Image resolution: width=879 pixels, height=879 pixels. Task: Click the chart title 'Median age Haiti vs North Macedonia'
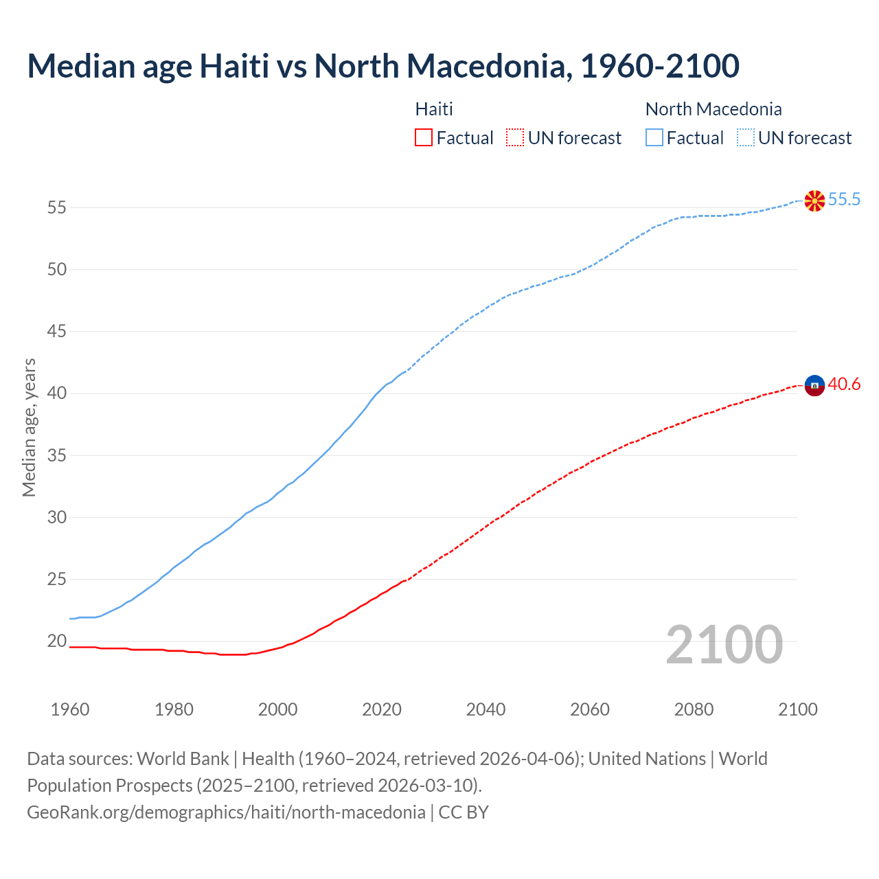[383, 66]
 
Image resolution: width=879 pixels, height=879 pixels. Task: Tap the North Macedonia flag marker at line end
[814, 201]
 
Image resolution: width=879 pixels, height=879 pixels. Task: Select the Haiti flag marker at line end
[814, 386]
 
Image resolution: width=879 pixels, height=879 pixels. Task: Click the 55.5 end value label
[844, 200]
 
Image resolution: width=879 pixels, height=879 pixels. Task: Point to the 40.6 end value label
[844, 385]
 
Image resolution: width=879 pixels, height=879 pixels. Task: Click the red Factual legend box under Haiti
[424, 138]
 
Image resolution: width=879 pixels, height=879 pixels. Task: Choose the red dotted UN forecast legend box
[515, 138]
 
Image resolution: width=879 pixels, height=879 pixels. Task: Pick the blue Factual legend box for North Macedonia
[654, 138]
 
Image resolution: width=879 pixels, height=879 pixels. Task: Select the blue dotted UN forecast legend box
[745, 138]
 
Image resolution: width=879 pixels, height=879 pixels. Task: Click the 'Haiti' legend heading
[434, 109]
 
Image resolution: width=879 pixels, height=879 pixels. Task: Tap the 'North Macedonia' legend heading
[714, 109]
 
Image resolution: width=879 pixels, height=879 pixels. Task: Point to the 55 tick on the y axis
[57, 207]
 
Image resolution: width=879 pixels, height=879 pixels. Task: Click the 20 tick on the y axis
[57, 641]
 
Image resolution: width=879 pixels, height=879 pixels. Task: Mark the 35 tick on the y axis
[57, 455]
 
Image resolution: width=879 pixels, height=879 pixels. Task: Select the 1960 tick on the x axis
[70, 709]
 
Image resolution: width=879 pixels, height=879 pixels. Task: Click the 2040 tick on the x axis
[486, 709]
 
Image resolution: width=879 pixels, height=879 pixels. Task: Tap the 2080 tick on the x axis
[694, 709]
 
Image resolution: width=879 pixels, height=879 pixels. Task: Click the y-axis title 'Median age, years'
[29, 427]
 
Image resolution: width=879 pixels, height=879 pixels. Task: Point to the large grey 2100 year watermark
[724, 644]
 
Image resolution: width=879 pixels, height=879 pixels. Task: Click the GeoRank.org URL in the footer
[226, 812]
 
